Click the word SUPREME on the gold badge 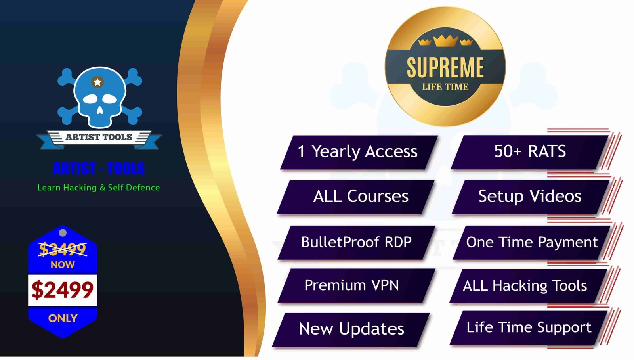click(445, 67)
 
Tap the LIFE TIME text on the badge click(445, 87)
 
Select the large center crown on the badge click(445, 41)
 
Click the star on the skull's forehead click(97, 82)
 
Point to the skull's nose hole click(99, 110)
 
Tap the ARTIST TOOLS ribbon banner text click(99, 137)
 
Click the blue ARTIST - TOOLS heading click(99, 168)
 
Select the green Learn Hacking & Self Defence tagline click(99, 188)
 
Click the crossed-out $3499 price click(63, 249)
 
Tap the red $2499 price click(63, 290)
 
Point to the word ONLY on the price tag click(63, 318)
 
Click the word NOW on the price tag click(63, 265)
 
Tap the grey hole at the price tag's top click(63, 233)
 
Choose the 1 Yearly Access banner click(359, 152)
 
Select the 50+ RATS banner click(529, 152)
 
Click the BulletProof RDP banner click(356, 243)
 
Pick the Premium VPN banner click(356, 285)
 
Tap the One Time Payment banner click(531, 243)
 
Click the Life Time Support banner click(529, 328)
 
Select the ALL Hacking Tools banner click(529, 286)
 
